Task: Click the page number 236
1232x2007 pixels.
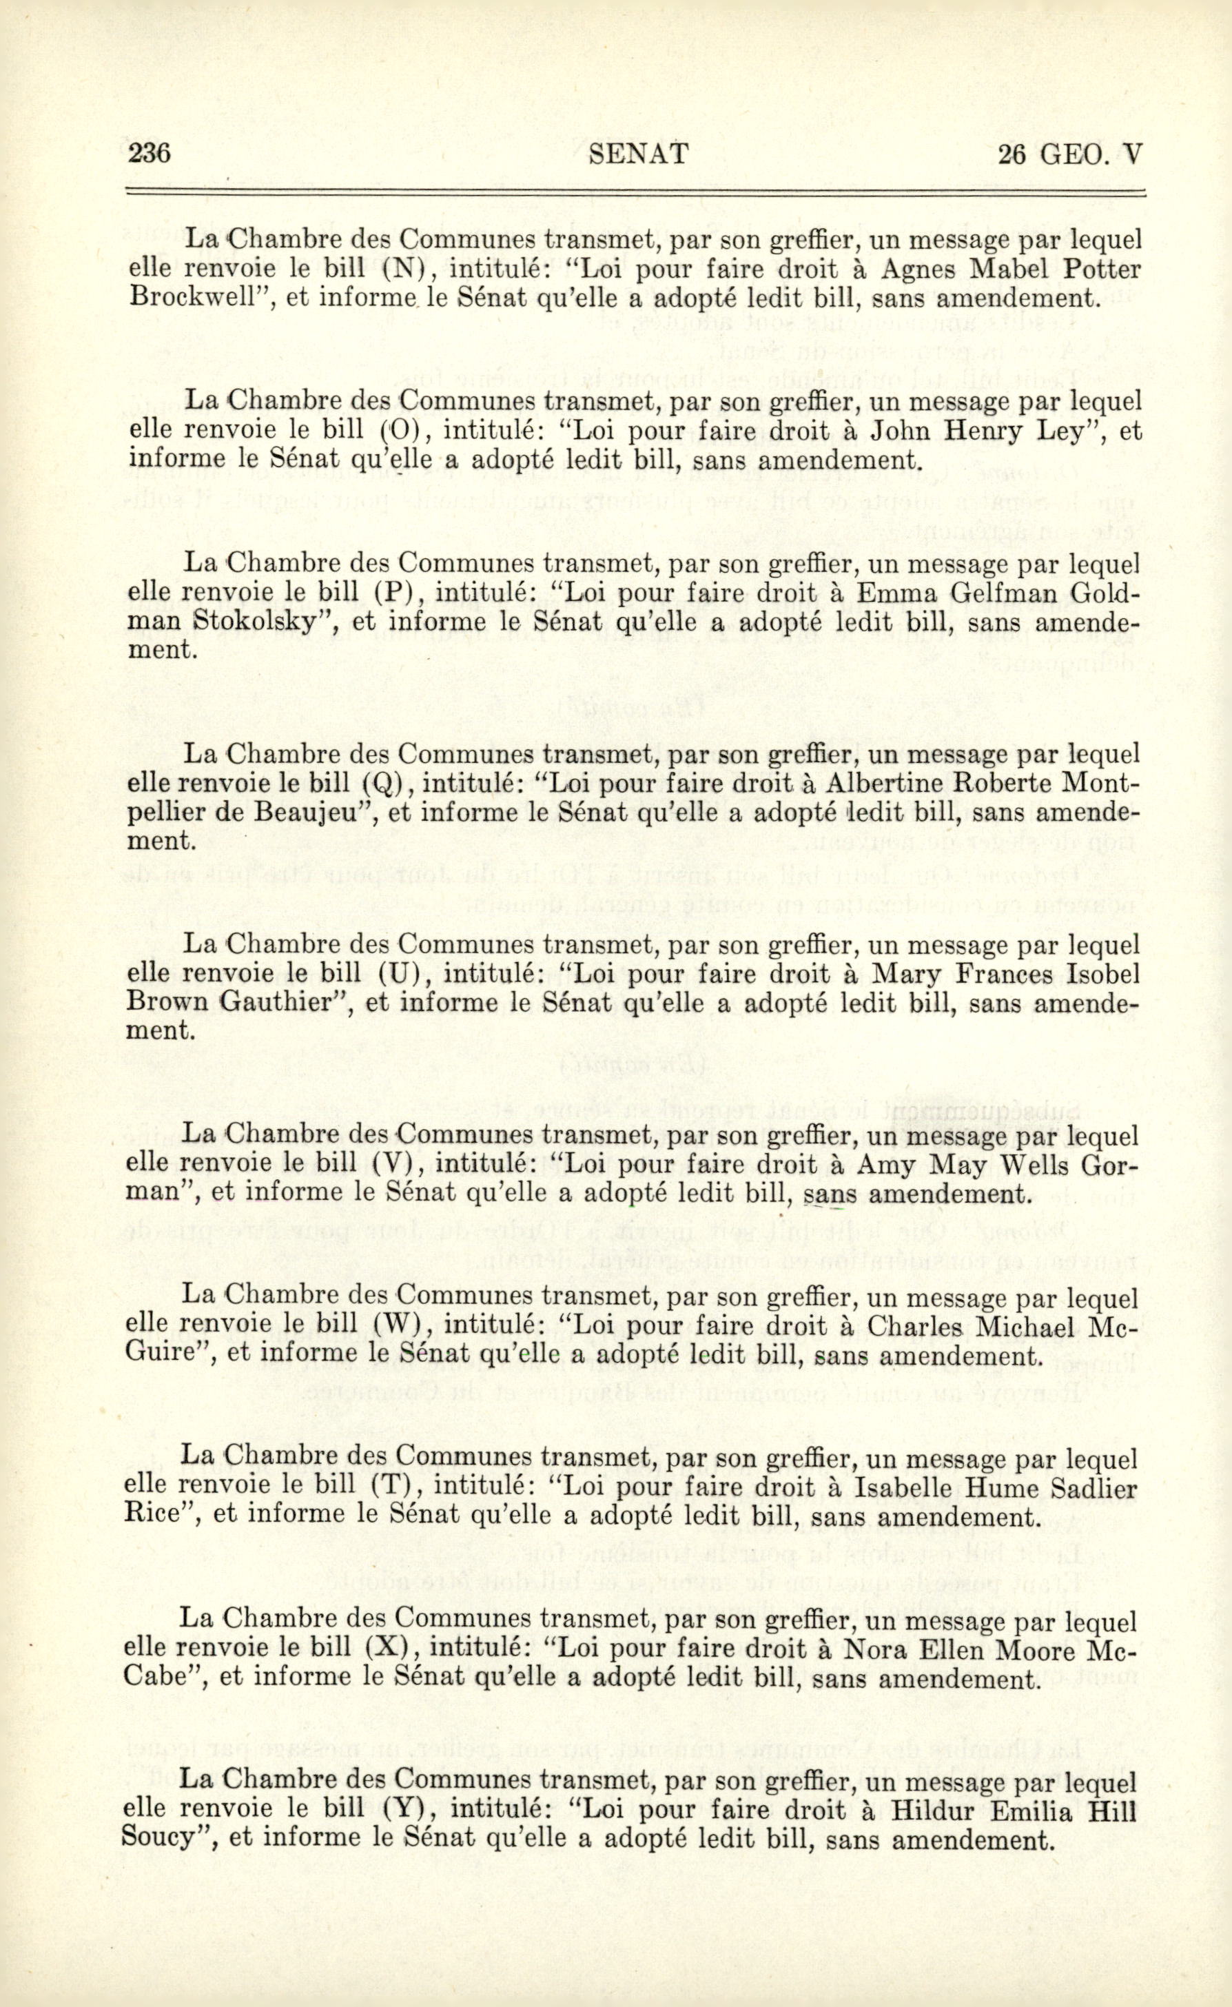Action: (149, 153)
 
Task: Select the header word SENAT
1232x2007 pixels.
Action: (638, 154)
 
